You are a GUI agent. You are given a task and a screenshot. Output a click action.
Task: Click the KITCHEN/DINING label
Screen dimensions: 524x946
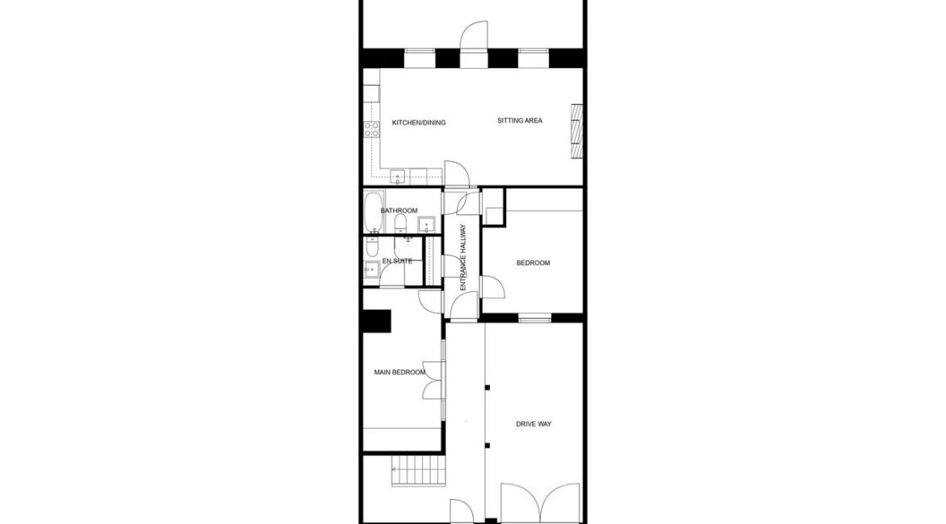click(x=419, y=123)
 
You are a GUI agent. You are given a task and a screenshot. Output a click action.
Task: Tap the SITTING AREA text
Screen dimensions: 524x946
click(x=519, y=121)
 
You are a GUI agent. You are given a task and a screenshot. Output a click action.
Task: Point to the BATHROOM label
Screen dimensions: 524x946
click(x=399, y=211)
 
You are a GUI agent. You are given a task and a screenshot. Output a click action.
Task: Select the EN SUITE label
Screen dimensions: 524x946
click(x=397, y=261)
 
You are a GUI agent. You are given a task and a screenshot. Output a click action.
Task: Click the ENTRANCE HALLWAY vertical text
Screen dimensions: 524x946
click(x=463, y=257)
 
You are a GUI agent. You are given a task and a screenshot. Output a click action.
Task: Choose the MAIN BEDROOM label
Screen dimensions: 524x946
click(x=399, y=372)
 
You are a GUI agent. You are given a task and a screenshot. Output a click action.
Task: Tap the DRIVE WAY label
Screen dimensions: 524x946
click(x=534, y=424)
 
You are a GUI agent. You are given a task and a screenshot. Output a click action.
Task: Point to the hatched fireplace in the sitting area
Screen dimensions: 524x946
click(x=576, y=129)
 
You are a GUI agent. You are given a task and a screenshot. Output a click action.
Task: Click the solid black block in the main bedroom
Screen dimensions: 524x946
click(x=377, y=321)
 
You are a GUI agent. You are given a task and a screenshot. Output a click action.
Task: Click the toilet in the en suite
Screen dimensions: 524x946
click(x=373, y=245)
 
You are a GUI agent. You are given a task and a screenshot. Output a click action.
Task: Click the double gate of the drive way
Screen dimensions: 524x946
click(x=540, y=503)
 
